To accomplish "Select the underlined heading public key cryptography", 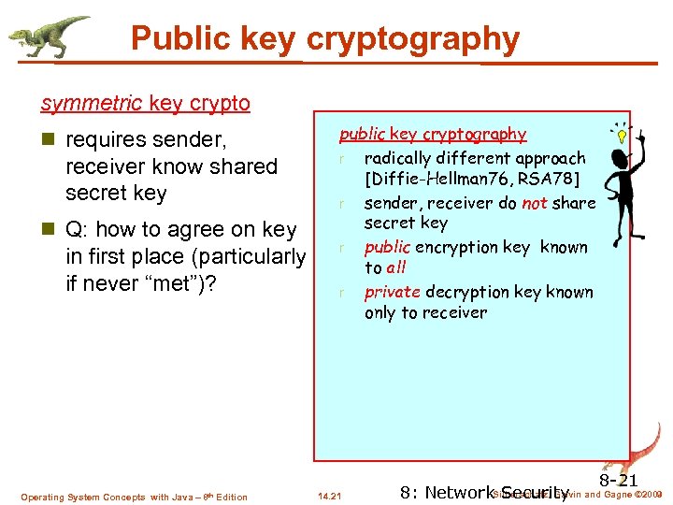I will click(x=433, y=135).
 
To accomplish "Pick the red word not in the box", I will click(x=535, y=203).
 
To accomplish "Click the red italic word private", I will click(x=390, y=292).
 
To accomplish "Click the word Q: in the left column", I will click(x=78, y=229).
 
